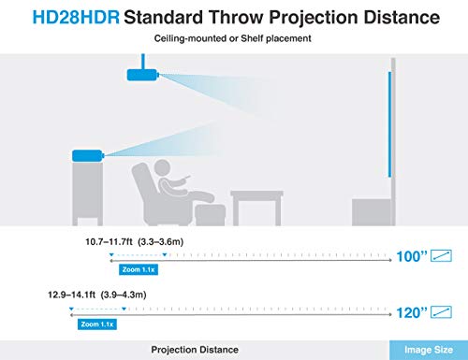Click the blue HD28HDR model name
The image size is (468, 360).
click(x=76, y=18)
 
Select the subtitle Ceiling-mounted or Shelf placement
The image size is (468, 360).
click(x=232, y=38)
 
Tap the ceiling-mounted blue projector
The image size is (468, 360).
click(x=142, y=75)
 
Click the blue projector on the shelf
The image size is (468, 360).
click(x=87, y=155)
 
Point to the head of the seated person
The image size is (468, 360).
click(x=162, y=168)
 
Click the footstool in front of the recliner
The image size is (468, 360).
click(x=210, y=214)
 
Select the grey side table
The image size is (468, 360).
click(x=256, y=208)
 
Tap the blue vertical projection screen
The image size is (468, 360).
click(x=389, y=124)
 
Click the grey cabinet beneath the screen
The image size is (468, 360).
click(x=372, y=212)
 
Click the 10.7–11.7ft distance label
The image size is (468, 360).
click(x=109, y=241)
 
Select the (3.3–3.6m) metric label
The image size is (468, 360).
click(x=160, y=242)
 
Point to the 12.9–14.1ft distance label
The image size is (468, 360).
click(x=71, y=295)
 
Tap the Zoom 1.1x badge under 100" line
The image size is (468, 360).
click(x=139, y=269)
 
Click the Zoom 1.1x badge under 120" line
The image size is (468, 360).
click(x=97, y=324)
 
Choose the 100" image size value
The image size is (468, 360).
click(x=411, y=256)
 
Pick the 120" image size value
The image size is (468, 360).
click(x=411, y=312)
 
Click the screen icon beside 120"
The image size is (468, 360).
click(x=441, y=312)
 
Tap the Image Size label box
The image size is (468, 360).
click(x=429, y=350)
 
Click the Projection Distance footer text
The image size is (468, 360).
click(x=195, y=350)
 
